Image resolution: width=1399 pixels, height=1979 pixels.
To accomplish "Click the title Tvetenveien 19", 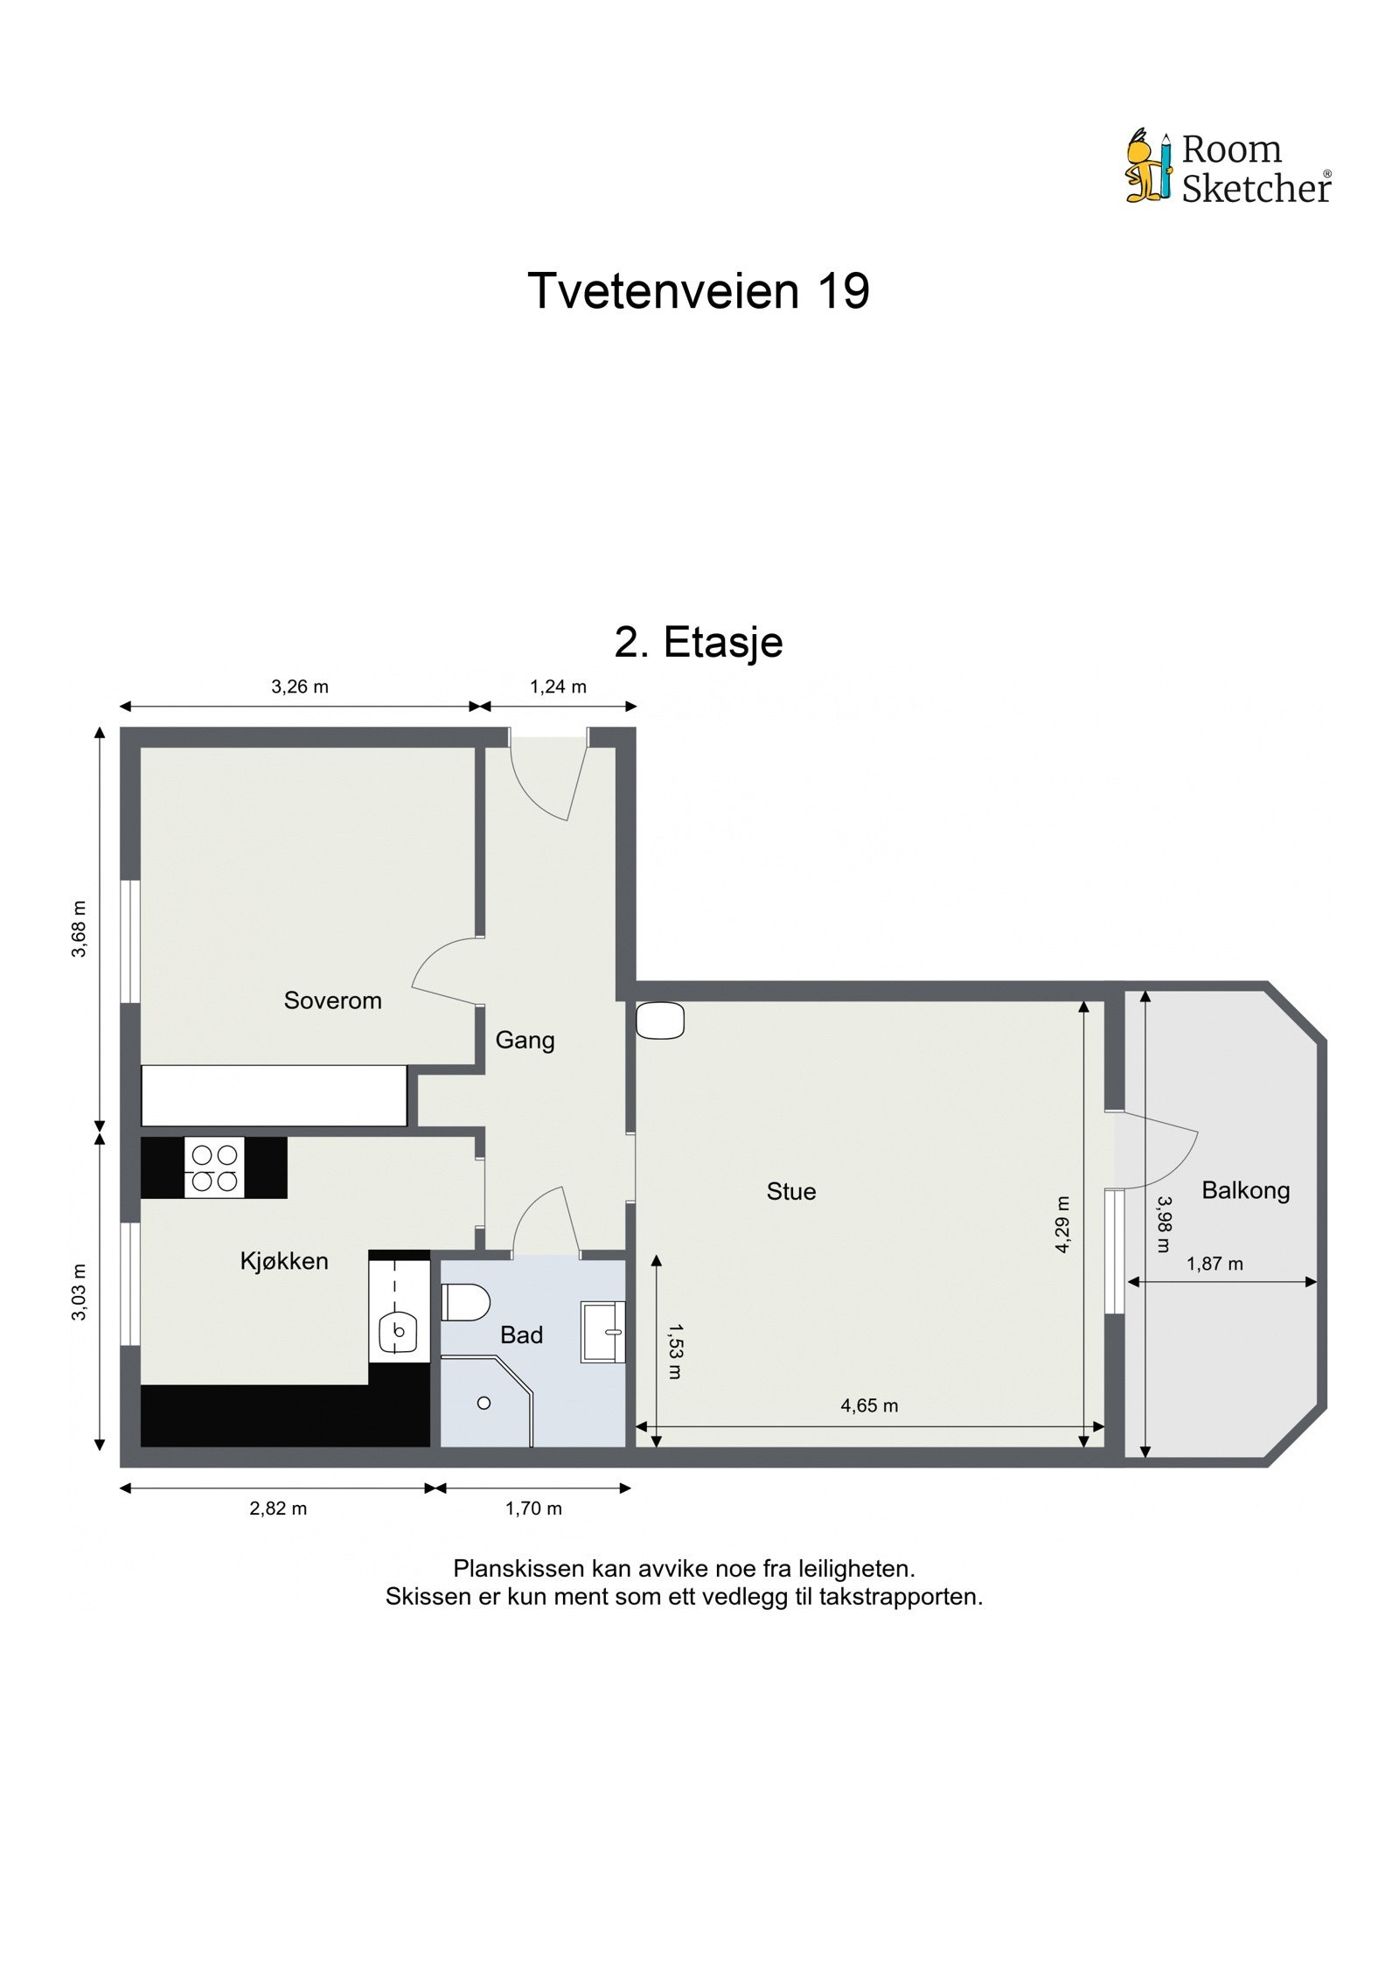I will (x=699, y=291).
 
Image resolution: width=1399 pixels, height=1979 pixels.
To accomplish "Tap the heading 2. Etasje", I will (x=699, y=643).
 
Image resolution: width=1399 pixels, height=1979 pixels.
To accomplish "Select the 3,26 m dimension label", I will (x=300, y=687).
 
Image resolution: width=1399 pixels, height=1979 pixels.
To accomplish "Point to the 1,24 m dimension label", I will (x=558, y=687).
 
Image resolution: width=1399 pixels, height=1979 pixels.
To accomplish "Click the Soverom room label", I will (x=332, y=1000).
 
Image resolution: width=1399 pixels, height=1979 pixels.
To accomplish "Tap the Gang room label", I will (x=525, y=1040).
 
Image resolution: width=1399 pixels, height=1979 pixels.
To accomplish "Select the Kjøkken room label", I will (x=284, y=1261).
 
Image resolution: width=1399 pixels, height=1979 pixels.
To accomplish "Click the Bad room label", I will (x=521, y=1335).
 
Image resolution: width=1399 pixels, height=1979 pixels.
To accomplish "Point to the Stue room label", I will (x=790, y=1192).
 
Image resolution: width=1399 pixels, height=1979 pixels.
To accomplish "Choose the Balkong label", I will (x=1245, y=1190).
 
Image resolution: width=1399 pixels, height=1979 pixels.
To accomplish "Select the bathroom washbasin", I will (x=604, y=1332).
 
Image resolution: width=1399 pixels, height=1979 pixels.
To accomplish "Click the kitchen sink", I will (x=398, y=1332).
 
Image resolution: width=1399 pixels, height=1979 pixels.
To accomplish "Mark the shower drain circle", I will (x=484, y=1404).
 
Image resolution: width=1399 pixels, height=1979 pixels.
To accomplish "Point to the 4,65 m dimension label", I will (x=869, y=1406).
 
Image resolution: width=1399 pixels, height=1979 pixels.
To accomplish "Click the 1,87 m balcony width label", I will (x=1215, y=1264).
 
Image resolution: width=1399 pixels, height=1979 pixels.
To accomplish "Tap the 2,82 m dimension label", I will (x=278, y=1509).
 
